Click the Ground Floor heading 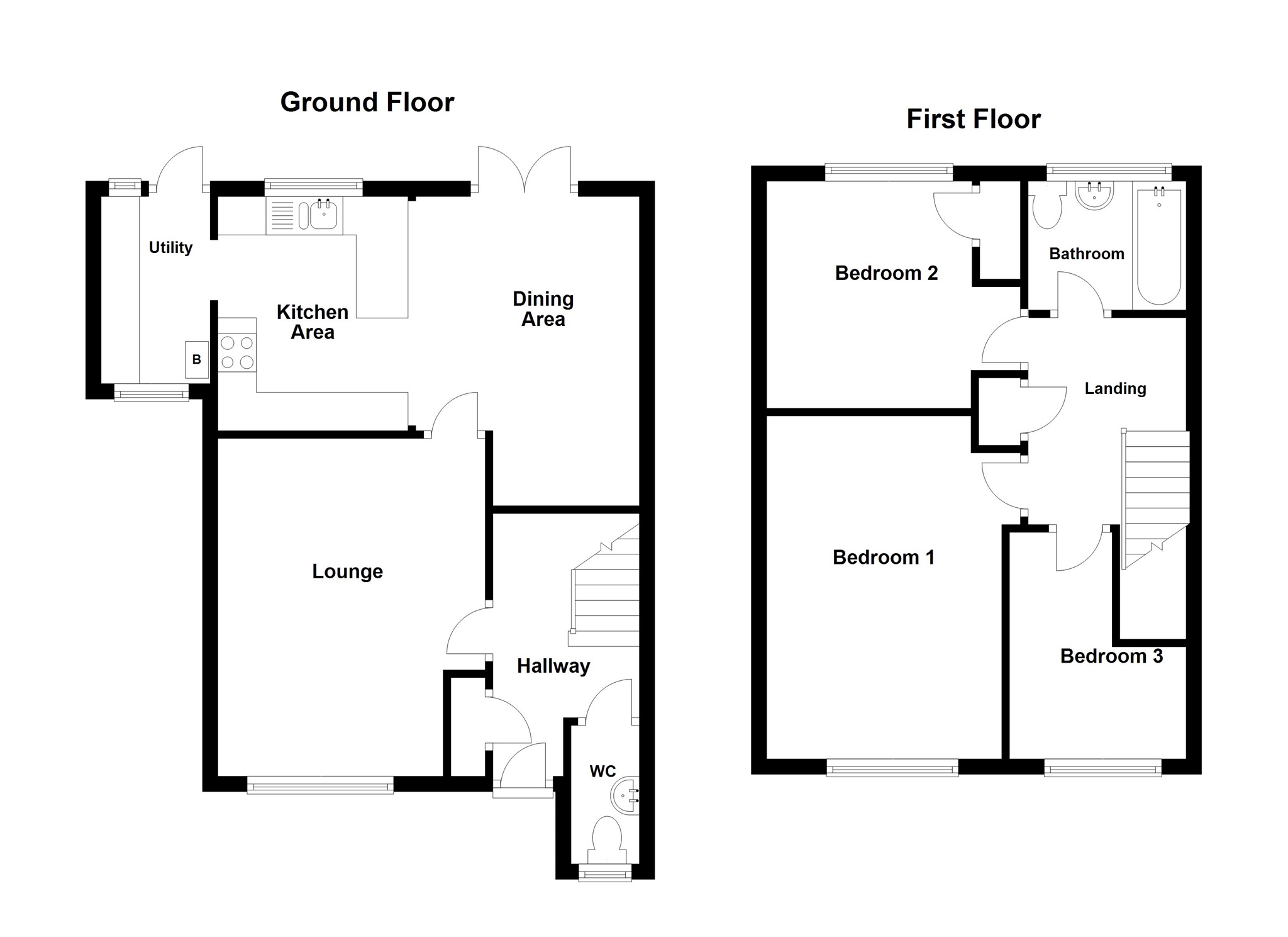367,102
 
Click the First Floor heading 973,119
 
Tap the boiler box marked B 197,360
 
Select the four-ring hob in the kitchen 237,352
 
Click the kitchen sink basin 324,215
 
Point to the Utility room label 170,247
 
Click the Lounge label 347,571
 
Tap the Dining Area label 543,309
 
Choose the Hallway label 553,666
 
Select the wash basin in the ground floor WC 626,797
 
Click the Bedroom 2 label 886,273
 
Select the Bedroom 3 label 1111,656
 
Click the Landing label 1115,388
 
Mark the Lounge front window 320,784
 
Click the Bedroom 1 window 892,768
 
